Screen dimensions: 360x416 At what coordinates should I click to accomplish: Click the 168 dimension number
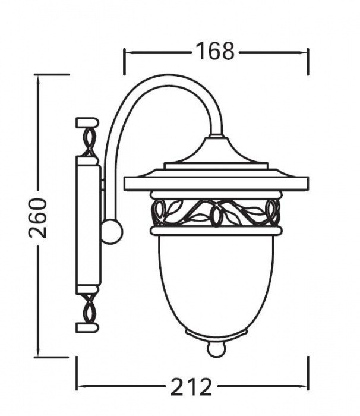215,51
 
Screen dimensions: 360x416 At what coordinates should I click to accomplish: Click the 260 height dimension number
38,218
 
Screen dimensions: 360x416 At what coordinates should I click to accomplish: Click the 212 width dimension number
191,387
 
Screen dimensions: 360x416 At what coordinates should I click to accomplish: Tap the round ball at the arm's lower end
112,232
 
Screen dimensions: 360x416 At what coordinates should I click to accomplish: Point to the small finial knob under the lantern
217,349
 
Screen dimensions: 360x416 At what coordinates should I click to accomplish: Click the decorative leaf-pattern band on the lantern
216,213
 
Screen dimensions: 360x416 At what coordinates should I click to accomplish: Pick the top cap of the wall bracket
87,123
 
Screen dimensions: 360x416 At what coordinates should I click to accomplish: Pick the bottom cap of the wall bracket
87,327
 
